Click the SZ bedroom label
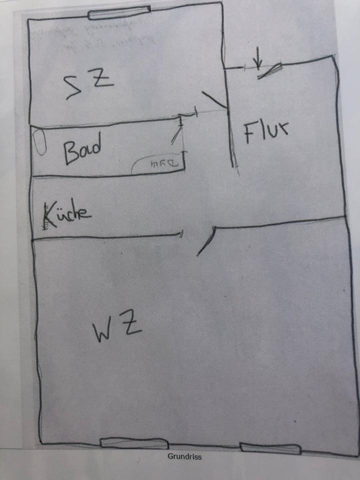90,83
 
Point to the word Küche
67,212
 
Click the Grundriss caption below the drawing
184,456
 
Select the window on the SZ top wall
119,12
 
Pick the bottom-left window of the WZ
134,443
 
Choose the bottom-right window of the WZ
270,448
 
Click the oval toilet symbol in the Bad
40,142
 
